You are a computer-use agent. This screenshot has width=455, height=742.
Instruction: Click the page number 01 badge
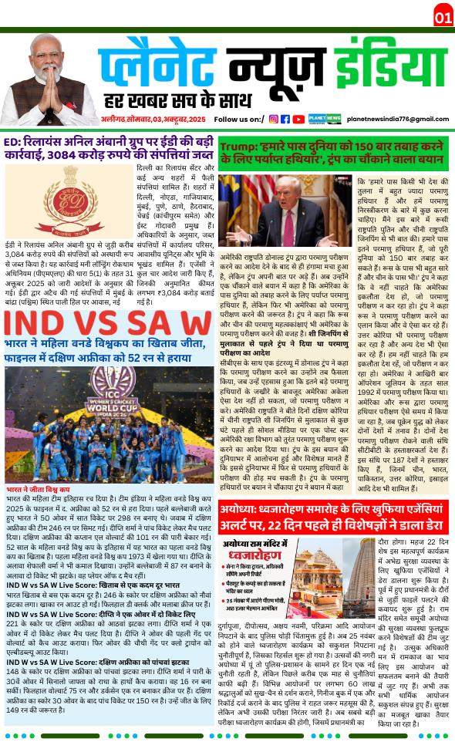pyautogui.click(x=443, y=17)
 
